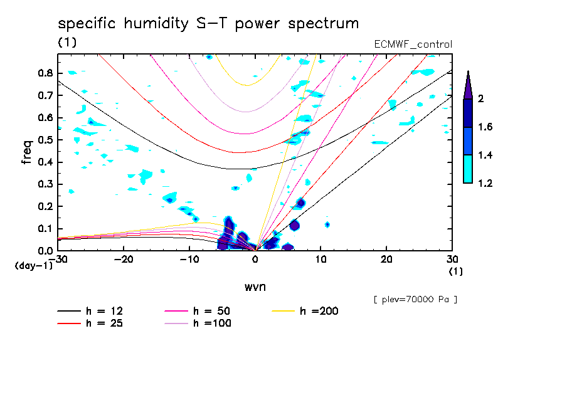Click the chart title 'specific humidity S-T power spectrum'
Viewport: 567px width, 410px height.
click(x=208, y=24)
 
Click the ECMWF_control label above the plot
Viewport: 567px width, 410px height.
click(x=412, y=44)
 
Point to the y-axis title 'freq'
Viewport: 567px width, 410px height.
click(x=27, y=152)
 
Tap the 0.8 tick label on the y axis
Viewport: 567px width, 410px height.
click(x=44, y=73)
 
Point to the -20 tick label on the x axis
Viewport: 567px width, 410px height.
click(x=124, y=260)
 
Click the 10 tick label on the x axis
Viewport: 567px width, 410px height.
click(x=321, y=260)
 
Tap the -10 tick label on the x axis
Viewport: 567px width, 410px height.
click(x=189, y=260)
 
